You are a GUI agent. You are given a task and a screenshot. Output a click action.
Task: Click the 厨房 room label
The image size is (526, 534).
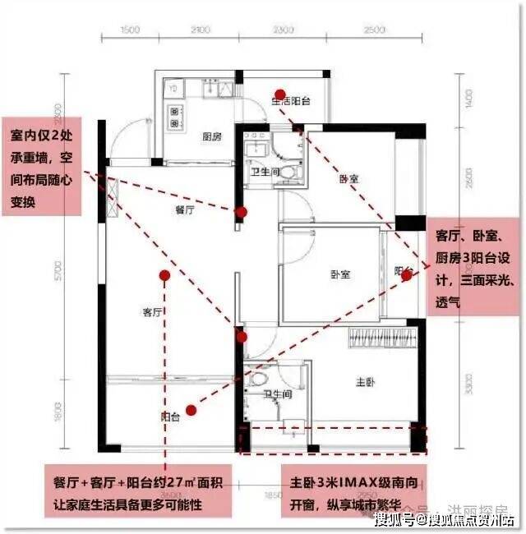pos(213,138)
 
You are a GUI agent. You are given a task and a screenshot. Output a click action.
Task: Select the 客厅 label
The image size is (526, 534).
pos(154,312)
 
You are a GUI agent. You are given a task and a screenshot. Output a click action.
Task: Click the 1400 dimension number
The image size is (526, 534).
pos(468,99)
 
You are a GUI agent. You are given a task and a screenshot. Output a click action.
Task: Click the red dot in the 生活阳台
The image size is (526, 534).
pos(280,94)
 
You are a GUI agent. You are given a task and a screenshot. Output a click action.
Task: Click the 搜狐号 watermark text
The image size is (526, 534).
pos(393,519)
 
